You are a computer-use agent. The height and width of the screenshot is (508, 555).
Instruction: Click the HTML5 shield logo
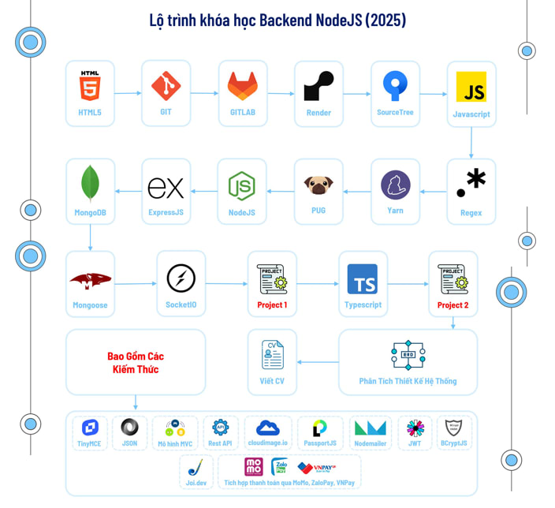pos(89,85)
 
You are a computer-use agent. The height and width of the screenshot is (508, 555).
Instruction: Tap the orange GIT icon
pos(166,84)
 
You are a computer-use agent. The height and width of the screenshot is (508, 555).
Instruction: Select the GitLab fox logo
pos(242,85)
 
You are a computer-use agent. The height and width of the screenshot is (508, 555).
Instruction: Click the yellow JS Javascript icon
pos(471,87)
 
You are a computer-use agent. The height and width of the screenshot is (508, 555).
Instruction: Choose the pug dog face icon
pos(318,185)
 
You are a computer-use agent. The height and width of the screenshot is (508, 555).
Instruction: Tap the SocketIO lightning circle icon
pos(181,278)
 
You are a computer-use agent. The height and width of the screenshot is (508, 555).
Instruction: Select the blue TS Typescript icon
pos(363,278)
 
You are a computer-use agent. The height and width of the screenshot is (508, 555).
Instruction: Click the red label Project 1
pos(272,305)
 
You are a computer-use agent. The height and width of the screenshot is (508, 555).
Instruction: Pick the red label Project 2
pos(453,305)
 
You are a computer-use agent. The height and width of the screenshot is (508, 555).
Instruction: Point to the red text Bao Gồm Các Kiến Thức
pos(135,363)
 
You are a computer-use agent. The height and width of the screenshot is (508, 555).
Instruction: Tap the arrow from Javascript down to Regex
pos(471,142)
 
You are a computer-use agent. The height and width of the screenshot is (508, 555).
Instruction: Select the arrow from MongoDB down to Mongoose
pos(90,237)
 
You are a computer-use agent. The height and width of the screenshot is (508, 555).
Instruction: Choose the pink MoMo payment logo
pos(254,467)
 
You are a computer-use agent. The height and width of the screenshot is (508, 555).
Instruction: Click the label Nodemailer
pos(371,444)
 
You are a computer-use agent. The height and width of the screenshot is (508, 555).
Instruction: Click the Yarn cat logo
pos(395,185)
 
